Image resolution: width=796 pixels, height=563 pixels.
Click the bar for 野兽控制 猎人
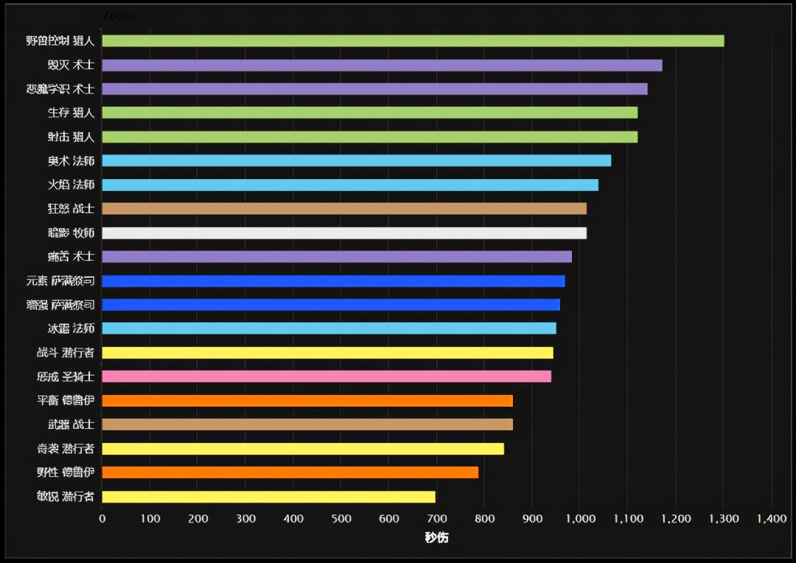click(413, 41)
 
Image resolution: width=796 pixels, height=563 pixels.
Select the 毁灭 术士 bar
click(382, 65)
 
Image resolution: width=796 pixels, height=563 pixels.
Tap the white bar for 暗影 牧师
click(344, 233)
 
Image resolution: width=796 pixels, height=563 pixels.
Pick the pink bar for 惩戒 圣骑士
click(327, 377)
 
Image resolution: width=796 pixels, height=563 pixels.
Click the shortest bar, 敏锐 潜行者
click(268, 497)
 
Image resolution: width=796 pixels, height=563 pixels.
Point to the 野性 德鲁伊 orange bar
click(290, 472)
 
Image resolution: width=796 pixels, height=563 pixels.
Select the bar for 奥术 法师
click(356, 161)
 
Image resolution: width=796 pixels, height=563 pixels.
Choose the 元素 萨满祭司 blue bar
click(333, 281)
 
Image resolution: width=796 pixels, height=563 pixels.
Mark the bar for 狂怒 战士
click(344, 209)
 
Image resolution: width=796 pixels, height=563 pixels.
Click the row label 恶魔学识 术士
click(60, 89)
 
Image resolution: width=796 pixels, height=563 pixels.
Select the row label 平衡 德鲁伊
click(66, 401)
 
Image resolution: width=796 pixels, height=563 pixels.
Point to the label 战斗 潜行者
click(66, 353)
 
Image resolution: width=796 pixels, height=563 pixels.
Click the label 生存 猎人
click(71, 113)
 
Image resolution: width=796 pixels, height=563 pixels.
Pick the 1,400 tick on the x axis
click(771, 519)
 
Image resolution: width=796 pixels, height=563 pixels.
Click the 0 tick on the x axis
click(102, 519)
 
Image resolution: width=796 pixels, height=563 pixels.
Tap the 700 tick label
click(436, 519)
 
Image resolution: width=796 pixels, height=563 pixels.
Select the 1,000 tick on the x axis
click(580, 519)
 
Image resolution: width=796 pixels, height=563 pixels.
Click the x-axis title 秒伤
click(436, 538)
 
